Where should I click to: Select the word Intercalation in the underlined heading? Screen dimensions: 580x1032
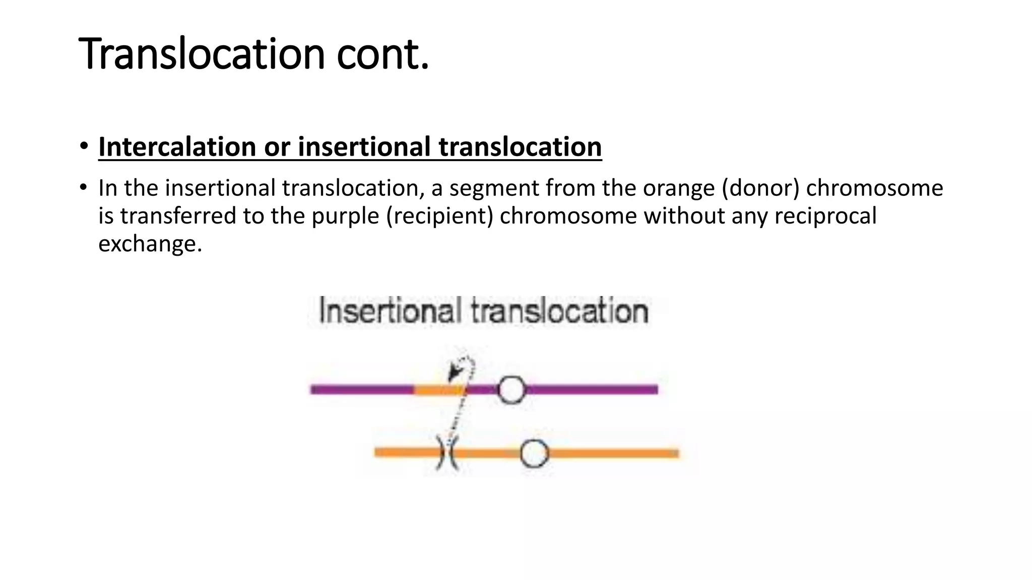[177, 147]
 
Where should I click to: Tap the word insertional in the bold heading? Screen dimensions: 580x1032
[364, 147]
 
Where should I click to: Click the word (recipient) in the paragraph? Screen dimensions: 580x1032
[439, 216]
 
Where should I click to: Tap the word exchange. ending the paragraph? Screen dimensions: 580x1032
[150, 244]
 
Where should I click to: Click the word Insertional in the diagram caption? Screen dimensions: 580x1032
[390, 311]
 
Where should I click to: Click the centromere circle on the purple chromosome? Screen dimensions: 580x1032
[511, 389]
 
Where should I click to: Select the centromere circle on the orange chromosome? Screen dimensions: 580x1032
[534, 453]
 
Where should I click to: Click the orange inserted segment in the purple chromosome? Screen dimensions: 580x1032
[437, 390]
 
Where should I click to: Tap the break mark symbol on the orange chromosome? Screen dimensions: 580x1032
[447, 453]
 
